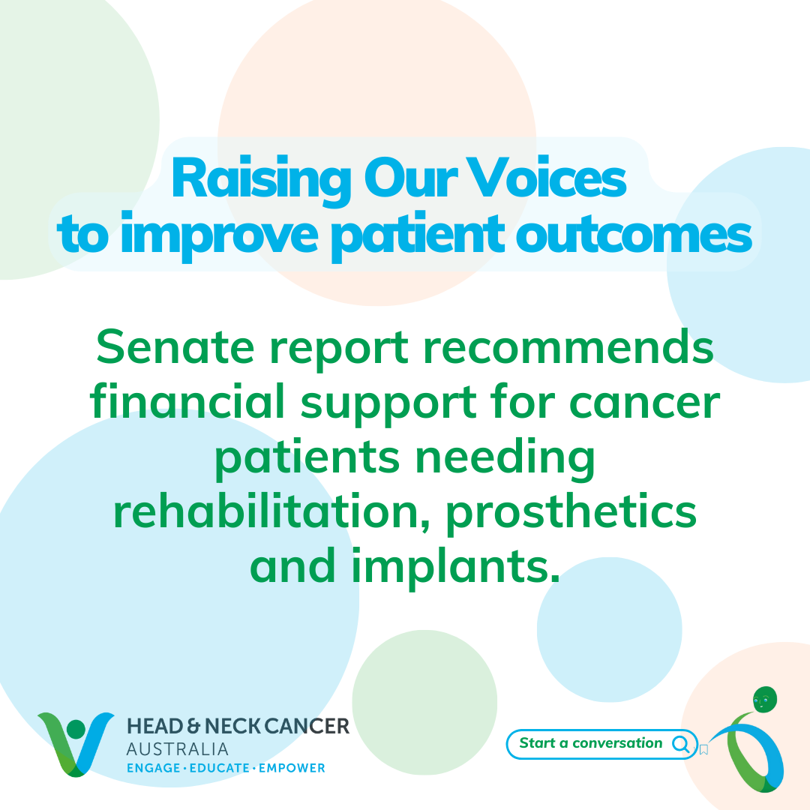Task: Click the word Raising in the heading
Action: pos(262,181)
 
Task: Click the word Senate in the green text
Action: pos(175,346)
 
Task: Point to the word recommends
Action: pos(568,346)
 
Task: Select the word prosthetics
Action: pos(571,513)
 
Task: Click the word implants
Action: pos(456,567)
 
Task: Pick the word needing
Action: pos(505,458)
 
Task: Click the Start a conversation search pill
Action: pos(601,744)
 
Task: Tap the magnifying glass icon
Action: pos(681,745)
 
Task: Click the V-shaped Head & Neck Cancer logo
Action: pos(76,744)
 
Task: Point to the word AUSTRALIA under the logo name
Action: pos(178,749)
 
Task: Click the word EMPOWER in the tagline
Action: pos(292,768)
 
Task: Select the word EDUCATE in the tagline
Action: pos(220,768)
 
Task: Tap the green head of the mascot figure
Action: pos(765,700)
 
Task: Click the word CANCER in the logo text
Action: pos(307,726)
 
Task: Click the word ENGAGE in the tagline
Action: pos(154,768)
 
